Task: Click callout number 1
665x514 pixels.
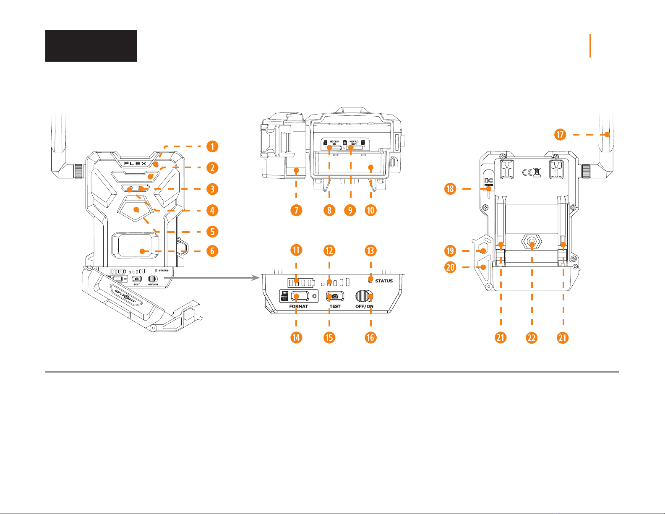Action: [x=213, y=146]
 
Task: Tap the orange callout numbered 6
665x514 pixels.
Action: [x=213, y=251]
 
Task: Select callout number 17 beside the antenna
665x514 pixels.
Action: [x=560, y=135]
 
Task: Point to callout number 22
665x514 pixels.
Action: [x=532, y=338]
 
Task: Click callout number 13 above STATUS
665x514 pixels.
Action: [x=370, y=250]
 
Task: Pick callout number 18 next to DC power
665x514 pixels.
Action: [x=450, y=189]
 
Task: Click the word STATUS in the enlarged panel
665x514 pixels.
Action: [x=384, y=281]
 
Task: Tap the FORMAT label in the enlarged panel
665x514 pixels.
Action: [x=298, y=306]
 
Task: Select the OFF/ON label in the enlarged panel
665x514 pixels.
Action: [x=364, y=306]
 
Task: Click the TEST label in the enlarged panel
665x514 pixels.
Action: [x=335, y=306]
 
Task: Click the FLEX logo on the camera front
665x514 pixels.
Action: [x=135, y=163]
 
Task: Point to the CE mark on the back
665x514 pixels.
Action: [x=527, y=172]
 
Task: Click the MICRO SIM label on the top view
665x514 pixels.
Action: [x=354, y=143]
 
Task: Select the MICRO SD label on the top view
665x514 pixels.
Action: [x=334, y=143]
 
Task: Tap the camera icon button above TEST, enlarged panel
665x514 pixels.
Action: [x=335, y=296]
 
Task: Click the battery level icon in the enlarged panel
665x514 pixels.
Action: [x=300, y=282]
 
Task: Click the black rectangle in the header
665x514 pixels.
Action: [x=91, y=46]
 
